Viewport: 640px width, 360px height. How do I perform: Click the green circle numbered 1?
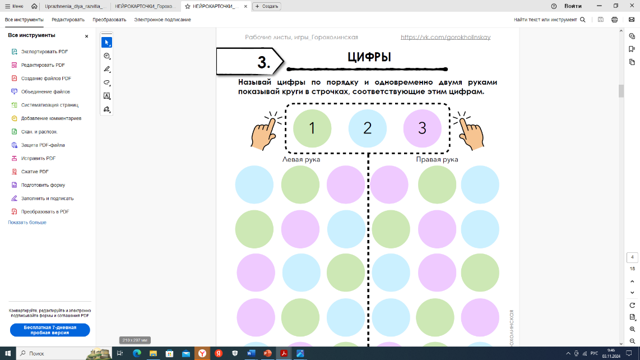312,128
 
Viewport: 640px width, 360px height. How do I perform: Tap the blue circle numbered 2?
367,128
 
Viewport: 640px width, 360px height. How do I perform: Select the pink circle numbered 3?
423,128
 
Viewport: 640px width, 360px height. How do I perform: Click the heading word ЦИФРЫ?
369,57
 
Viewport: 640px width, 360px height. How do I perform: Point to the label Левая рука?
301,159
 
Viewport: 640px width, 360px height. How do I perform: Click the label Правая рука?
437,159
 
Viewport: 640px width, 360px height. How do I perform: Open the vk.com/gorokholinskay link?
446,37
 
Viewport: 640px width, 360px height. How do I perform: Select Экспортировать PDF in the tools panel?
44,52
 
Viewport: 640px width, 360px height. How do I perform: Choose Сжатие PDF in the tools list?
35,172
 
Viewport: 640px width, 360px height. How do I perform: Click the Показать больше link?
27,222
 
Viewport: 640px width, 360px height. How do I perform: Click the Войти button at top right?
573,6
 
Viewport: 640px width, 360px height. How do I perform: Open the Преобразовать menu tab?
109,20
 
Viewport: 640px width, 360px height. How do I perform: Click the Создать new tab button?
267,6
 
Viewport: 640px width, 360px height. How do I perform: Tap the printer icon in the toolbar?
614,20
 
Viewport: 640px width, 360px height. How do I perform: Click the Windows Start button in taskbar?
8,353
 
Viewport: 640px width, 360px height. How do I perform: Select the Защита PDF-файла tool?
43,145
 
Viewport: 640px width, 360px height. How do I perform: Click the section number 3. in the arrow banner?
263,62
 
